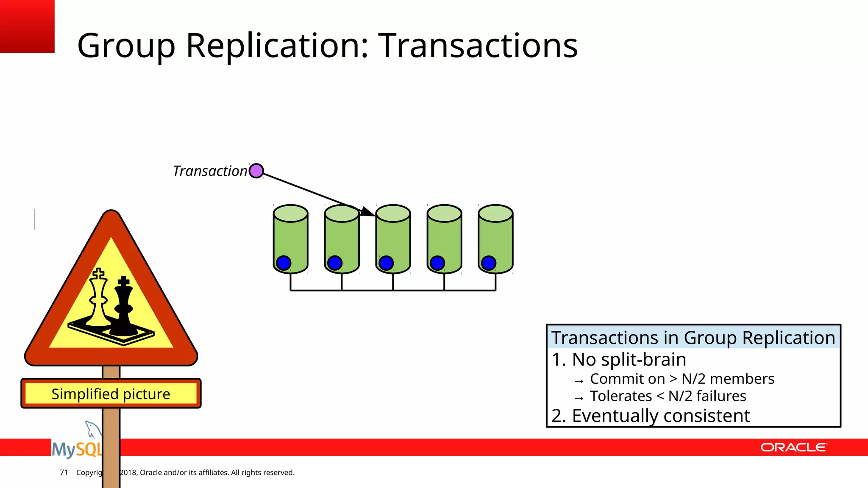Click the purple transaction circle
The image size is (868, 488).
256,171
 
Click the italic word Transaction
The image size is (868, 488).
210,171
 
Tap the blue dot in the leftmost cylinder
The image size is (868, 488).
283,263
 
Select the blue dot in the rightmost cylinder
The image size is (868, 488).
488,263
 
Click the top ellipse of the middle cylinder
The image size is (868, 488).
393,213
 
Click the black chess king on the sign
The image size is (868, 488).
123,308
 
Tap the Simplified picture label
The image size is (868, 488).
111,394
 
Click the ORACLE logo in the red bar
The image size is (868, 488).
793,447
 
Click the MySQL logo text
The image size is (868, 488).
76,449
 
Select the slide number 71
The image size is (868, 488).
64,472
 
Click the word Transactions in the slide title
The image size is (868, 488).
478,45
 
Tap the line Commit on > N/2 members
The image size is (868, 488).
682,379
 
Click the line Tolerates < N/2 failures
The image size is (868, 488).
668,396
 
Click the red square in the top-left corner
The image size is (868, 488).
27,26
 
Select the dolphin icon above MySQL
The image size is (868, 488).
92,429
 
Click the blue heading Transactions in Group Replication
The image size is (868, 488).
693,338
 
